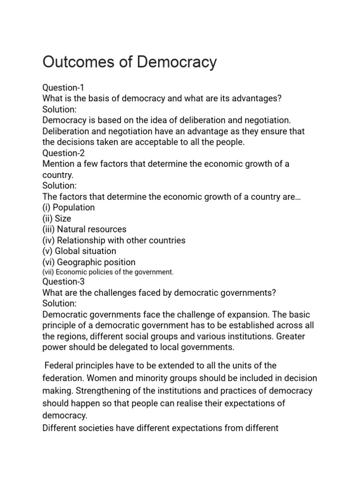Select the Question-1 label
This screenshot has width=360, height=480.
click(63, 88)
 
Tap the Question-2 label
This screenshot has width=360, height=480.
click(63, 153)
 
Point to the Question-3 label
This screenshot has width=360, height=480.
click(63, 282)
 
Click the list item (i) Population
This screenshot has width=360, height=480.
click(68, 207)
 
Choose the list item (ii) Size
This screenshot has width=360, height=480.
click(57, 218)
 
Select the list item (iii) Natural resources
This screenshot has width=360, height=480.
click(84, 229)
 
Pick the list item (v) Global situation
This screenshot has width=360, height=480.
click(79, 251)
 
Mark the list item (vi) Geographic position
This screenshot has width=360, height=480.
click(89, 262)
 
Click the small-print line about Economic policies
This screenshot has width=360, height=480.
click(108, 272)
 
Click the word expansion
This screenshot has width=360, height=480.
click(244, 315)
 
